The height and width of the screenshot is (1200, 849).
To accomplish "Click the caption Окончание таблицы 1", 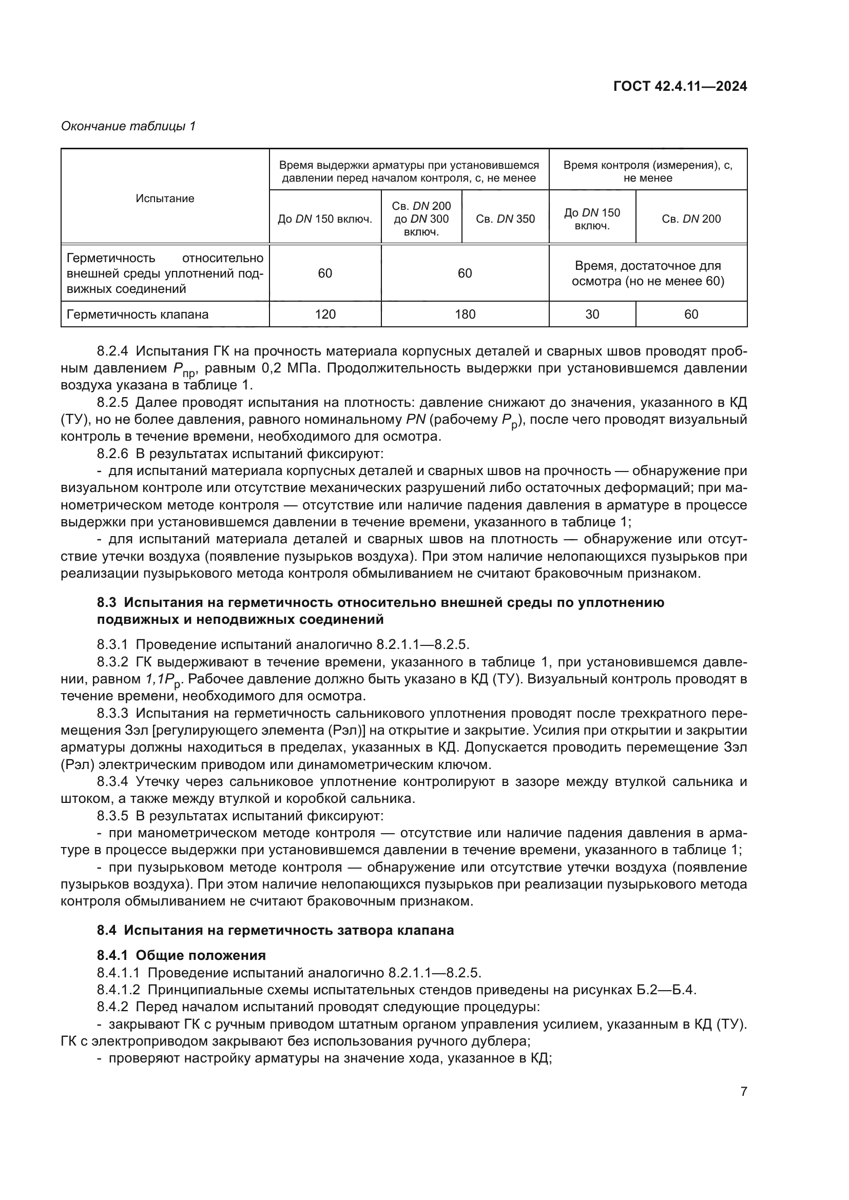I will point(128,127).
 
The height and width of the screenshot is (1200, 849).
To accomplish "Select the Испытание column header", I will point(165,199).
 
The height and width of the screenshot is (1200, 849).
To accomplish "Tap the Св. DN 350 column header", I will point(505,219).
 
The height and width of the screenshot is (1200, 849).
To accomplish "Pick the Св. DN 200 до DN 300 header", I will point(421,219).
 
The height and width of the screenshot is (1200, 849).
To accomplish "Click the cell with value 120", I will point(324,314).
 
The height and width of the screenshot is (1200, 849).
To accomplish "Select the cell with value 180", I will point(465,314).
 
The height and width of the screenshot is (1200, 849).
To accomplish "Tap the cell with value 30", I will point(592,314).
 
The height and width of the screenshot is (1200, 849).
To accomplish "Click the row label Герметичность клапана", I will point(138,314).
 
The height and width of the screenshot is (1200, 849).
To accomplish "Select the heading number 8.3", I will point(106,603).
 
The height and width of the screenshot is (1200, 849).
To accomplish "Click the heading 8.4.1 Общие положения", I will point(181,956).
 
